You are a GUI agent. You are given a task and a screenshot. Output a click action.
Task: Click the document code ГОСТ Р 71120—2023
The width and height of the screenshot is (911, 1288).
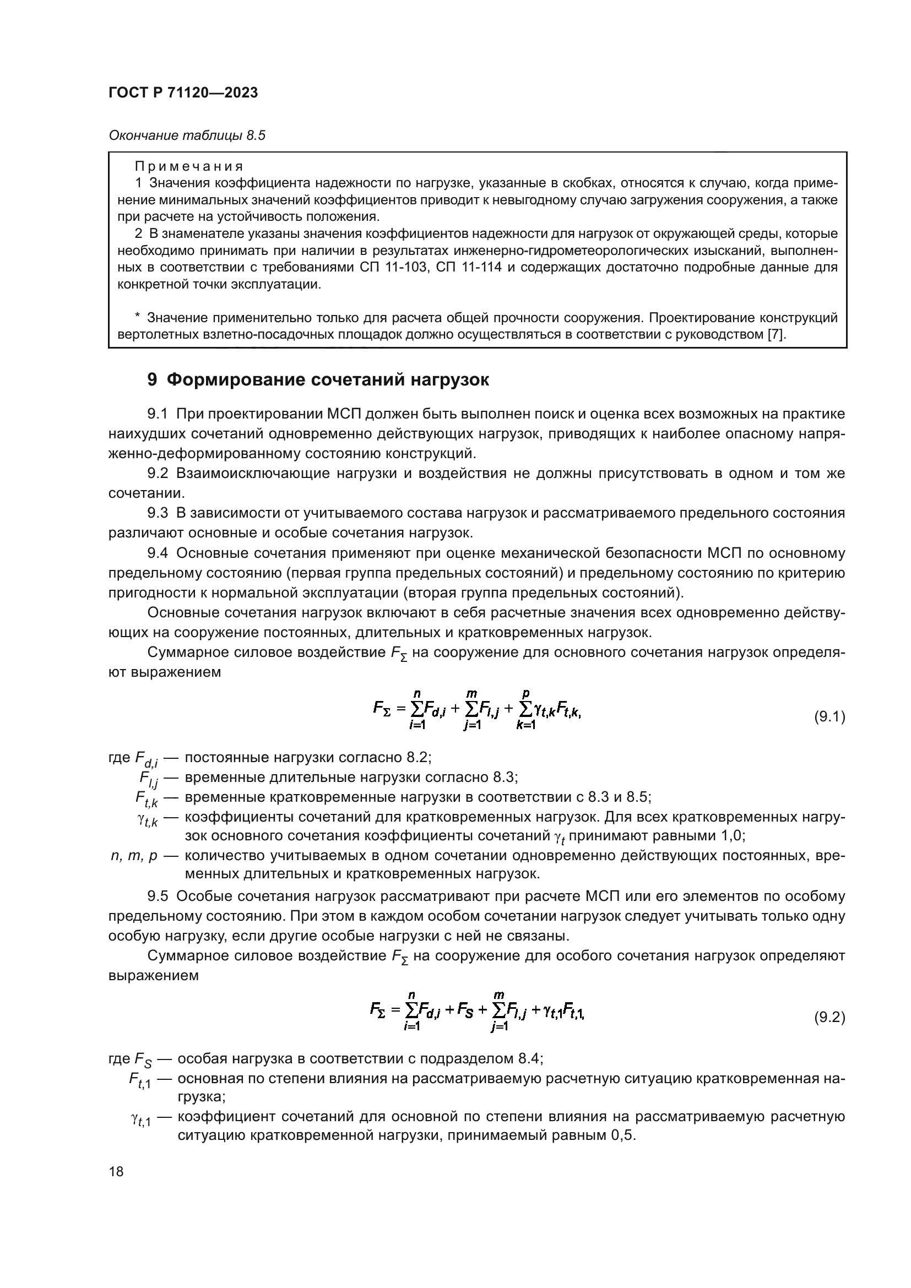coord(183,93)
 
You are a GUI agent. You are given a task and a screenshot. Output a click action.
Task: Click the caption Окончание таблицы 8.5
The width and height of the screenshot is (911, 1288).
coord(186,136)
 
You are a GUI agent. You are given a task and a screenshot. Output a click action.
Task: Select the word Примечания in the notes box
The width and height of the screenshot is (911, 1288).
coord(189,167)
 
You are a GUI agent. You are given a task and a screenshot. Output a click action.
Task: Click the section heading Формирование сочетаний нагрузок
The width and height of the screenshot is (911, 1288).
coord(328,380)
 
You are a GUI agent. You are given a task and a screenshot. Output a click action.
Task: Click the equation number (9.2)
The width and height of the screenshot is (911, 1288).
coord(829,1017)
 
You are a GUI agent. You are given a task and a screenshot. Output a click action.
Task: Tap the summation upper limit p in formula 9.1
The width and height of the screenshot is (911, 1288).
coord(525,694)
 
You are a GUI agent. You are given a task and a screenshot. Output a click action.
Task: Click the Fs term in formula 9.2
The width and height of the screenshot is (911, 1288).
coord(465,1010)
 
